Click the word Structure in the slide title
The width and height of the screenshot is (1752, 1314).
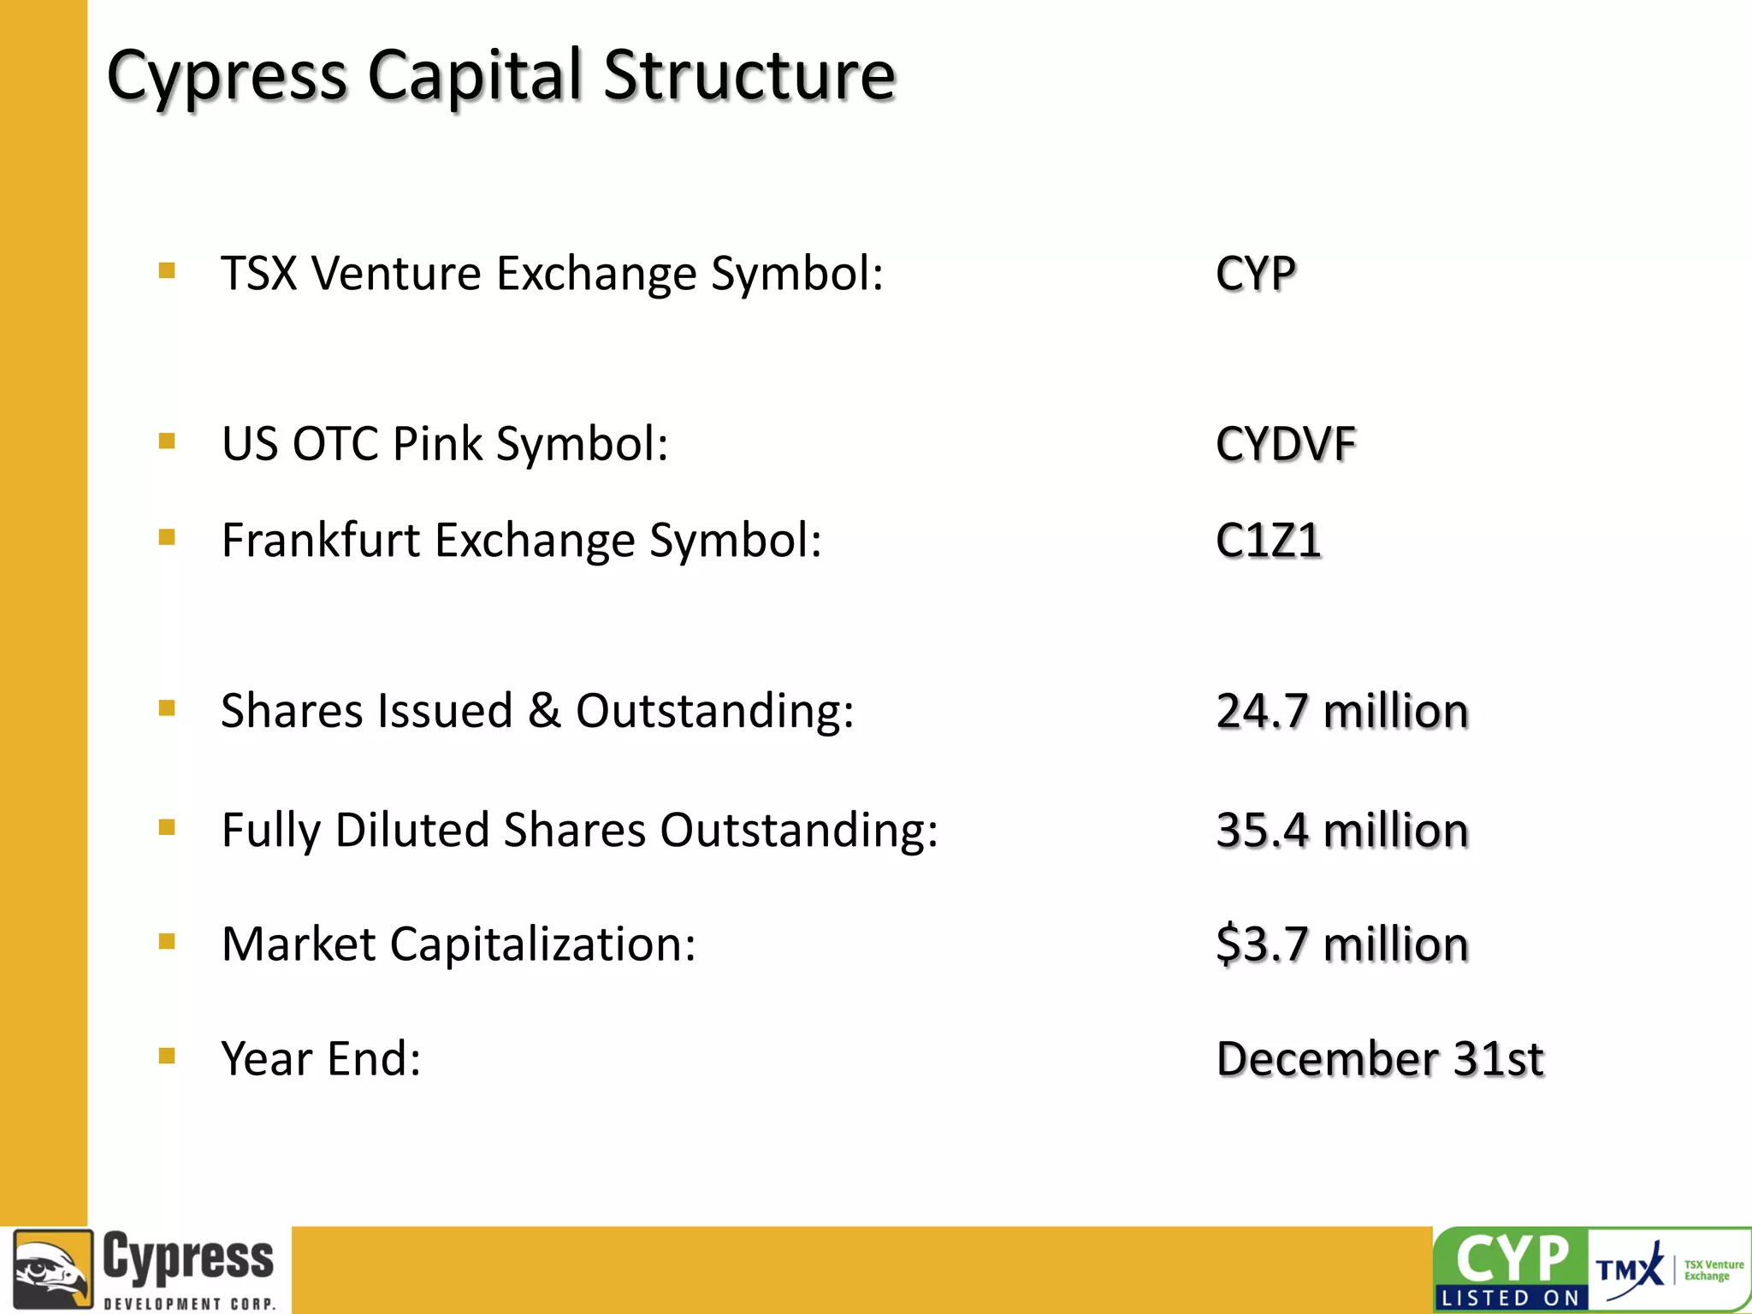pyautogui.click(x=749, y=75)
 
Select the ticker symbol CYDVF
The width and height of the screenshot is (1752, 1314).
pyautogui.click(x=1285, y=444)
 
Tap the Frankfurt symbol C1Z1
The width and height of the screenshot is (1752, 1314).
pyautogui.click(x=1268, y=541)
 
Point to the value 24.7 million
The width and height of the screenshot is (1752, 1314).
pyautogui.click(x=1341, y=711)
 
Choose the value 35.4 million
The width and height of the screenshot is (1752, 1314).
pyautogui.click(x=1341, y=831)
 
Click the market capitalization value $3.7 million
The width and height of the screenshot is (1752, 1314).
pyautogui.click(x=1341, y=944)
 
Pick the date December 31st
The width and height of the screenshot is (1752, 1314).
pyautogui.click(x=1379, y=1059)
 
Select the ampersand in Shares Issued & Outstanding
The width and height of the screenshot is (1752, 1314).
pyautogui.click(x=544, y=711)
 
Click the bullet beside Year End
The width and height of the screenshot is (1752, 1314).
pyautogui.click(x=167, y=1056)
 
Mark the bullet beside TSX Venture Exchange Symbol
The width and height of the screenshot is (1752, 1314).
pyautogui.click(x=167, y=271)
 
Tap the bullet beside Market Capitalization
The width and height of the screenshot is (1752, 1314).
pyautogui.click(x=167, y=942)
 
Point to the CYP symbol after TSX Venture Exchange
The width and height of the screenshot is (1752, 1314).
pyautogui.click(x=1255, y=275)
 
